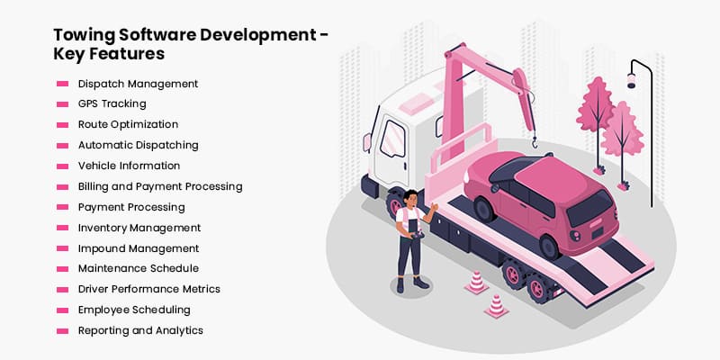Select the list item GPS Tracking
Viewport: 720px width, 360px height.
[x=112, y=104]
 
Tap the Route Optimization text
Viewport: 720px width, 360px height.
[x=128, y=124]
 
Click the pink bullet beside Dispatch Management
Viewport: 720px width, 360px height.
[x=62, y=84]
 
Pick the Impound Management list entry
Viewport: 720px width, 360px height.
[x=139, y=248]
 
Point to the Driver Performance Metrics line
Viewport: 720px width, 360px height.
[x=149, y=289]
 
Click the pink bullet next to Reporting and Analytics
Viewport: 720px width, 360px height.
[x=62, y=330]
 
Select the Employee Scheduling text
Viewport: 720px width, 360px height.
[x=134, y=310]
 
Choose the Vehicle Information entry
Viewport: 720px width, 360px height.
[x=129, y=166]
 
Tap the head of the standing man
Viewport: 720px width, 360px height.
[x=410, y=198]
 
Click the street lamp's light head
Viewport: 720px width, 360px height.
[x=632, y=81]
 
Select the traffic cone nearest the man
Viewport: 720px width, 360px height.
[x=476, y=282]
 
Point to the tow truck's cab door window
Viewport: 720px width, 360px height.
[x=392, y=139]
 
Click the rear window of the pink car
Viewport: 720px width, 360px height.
[x=590, y=208]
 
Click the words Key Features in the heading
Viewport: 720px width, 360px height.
[x=109, y=54]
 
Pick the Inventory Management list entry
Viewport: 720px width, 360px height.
[x=139, y=228]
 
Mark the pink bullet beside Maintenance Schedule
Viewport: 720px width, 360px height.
[x=62, y=268]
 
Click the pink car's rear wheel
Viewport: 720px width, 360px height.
[x=549, y=247]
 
